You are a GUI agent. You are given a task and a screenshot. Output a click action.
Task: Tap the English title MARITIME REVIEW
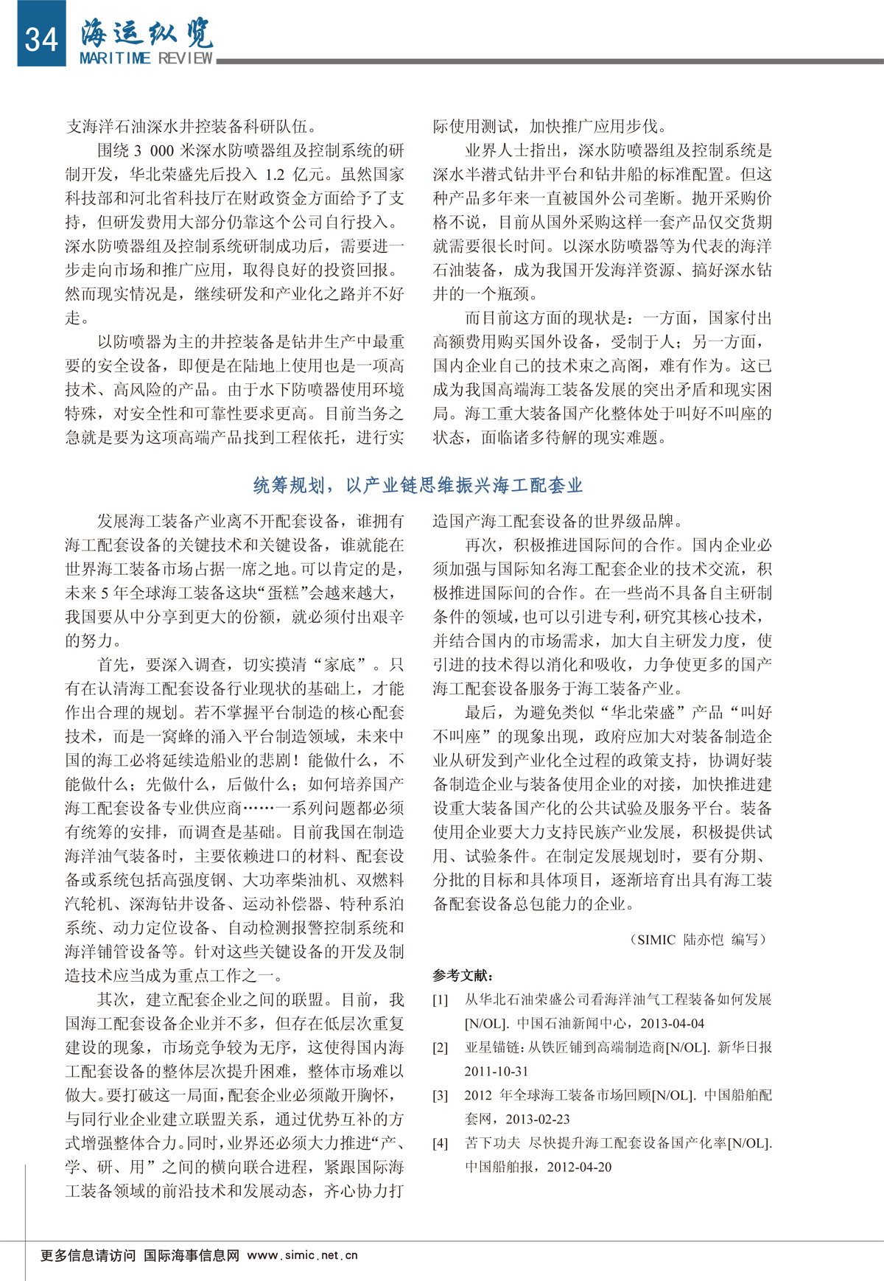(146, 58)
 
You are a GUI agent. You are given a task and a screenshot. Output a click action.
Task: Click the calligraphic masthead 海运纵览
(147, 32)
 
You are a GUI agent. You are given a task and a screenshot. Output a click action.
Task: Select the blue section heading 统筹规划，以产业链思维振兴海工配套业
(418, 485)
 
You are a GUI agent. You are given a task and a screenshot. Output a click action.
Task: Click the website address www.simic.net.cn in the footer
(302, 1255)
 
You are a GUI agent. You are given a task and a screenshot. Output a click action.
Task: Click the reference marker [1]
(440, 999)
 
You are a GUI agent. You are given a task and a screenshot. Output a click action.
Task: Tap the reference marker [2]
(440, 1047)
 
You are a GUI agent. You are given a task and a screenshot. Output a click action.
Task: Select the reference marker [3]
(440, 1095)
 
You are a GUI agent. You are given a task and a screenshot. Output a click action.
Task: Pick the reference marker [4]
(440, 1143)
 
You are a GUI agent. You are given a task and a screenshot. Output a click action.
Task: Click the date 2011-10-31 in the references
(496, 1071)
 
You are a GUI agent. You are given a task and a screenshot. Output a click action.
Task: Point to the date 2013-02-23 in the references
(537, 1119)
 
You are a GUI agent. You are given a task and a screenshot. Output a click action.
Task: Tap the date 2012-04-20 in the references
(579, 1167)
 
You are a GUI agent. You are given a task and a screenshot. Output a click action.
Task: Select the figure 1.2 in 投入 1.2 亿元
(275, 175)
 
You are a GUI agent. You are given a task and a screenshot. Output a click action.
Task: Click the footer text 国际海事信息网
(191, 1255)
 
